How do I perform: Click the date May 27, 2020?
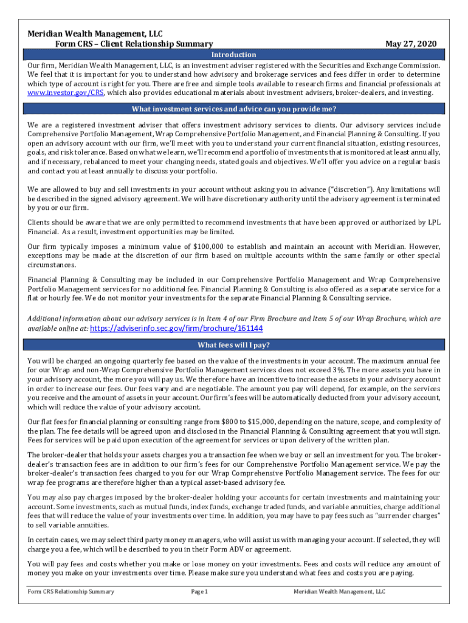pyautogui.click(x=411, y=44)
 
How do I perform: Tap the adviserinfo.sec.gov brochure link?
pyautogui.click(x=176, y=328)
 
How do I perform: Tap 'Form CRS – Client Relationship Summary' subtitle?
pyautogui.click(x=134, y=44)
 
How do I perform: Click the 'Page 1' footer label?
pyautogui.click(x=199, y=591)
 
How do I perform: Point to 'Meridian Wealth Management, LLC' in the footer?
pyautogui.click(x=339, y=591)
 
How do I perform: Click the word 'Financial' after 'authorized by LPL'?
pyautogui.click(x=44, y=232)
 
